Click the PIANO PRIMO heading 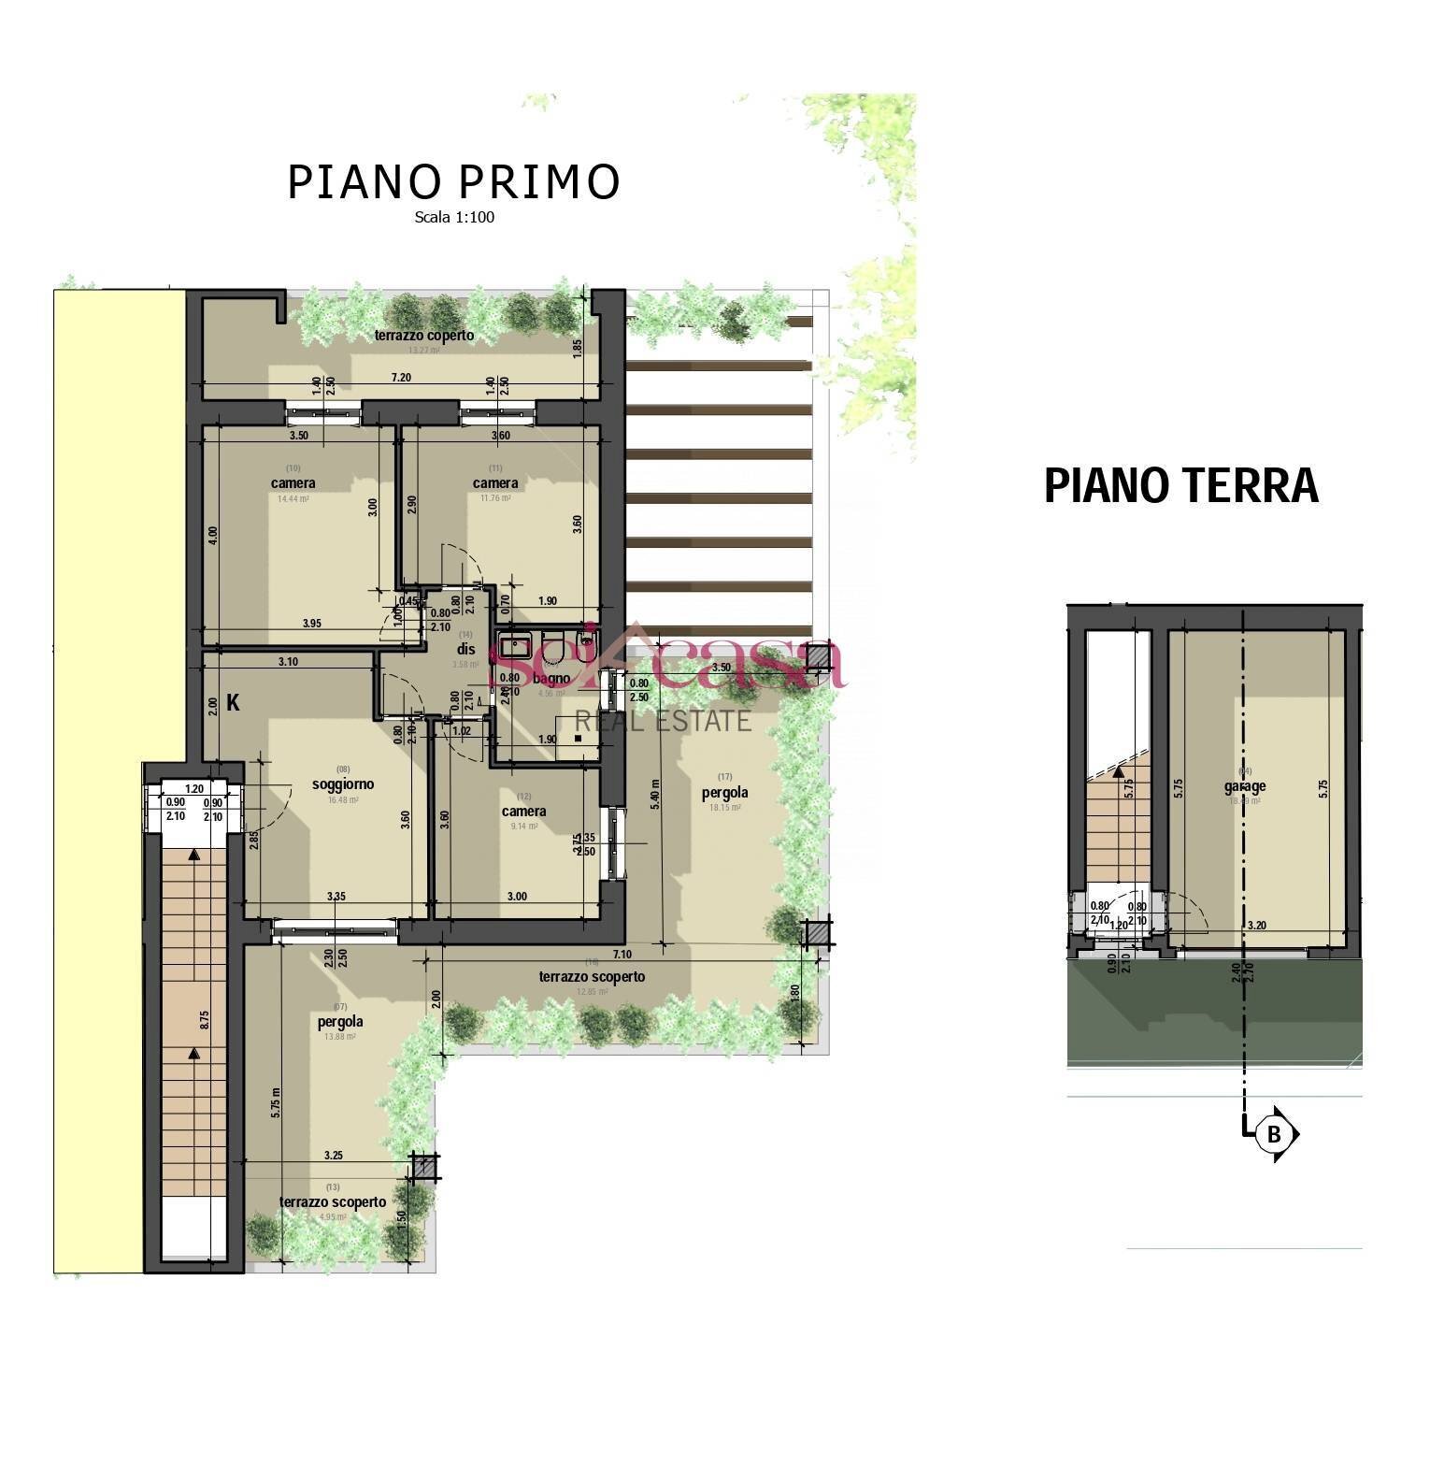pos(453,182)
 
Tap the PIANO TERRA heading pos(1180,486)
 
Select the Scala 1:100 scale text pos(454,218)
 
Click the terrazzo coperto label pos(424,335)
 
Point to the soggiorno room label pos(342,784)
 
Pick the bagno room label pos(551,678)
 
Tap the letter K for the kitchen pos(233,703)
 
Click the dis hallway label pos(466,649)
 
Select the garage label pos(1245,786)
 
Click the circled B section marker pos(1273,1134)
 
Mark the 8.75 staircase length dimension pos(205,1019)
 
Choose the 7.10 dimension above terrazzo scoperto pos(622,955)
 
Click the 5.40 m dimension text pos(655,795)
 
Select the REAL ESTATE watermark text pos(663,721)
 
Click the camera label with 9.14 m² pos(523,812)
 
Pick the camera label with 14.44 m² pos(293,483)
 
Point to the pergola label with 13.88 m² pos(340,1022)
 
